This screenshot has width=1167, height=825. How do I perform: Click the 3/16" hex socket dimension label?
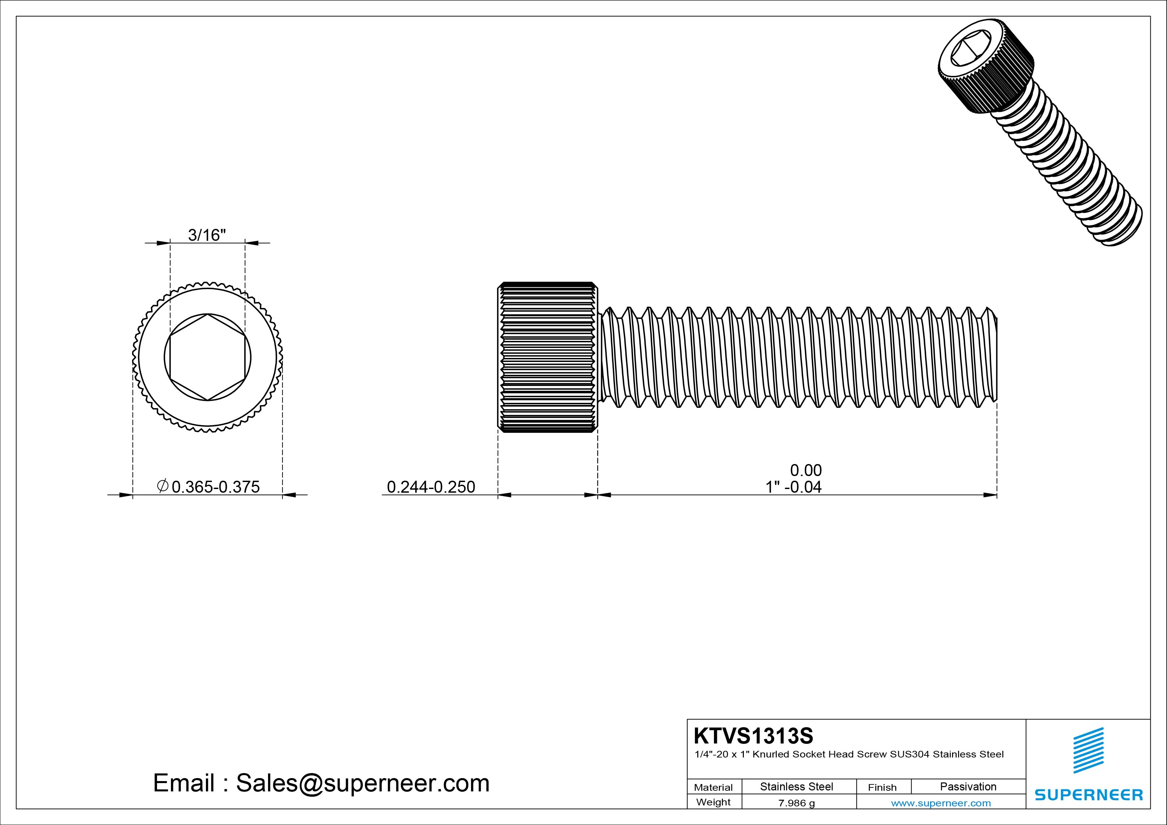[x=207, y=235]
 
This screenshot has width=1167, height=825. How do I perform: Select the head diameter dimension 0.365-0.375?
[x=216, y=487]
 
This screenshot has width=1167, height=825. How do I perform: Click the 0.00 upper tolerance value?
[x=806, y=470]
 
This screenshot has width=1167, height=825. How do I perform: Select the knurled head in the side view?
[x=548, y=357]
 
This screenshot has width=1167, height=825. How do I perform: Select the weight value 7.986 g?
[x=796, y=803]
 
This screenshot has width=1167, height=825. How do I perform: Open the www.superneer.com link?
[x=941, y=803]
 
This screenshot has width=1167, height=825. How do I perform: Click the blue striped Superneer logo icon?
[x=1088, y=750]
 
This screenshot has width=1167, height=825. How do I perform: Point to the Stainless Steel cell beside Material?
[x=796, y=786]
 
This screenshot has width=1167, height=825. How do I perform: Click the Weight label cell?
[x=713, y=802]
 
